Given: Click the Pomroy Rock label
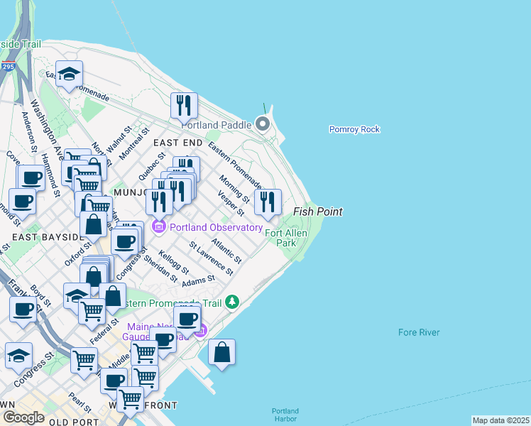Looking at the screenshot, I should coord(354,129).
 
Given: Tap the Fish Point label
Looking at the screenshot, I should coord(318,212).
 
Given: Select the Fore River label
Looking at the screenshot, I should coord(419,332).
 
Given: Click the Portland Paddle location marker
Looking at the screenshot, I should coord(263,125).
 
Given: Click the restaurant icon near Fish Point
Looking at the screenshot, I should coord(268,202).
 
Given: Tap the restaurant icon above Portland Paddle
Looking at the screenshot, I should coord(184,105).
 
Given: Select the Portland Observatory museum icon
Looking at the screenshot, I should coord(158,227).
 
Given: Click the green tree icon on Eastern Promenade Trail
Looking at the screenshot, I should coord(232,302).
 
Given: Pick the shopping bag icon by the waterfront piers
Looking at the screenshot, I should coord(221,352).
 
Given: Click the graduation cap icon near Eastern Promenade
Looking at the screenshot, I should coord(70,75).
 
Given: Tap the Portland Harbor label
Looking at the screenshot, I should coord(285,415).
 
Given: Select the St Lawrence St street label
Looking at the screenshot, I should coord(211,258).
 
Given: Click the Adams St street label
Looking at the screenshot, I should coord(198,281).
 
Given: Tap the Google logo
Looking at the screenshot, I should coord(23,417).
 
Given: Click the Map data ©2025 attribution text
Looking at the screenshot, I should coord(501,420).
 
